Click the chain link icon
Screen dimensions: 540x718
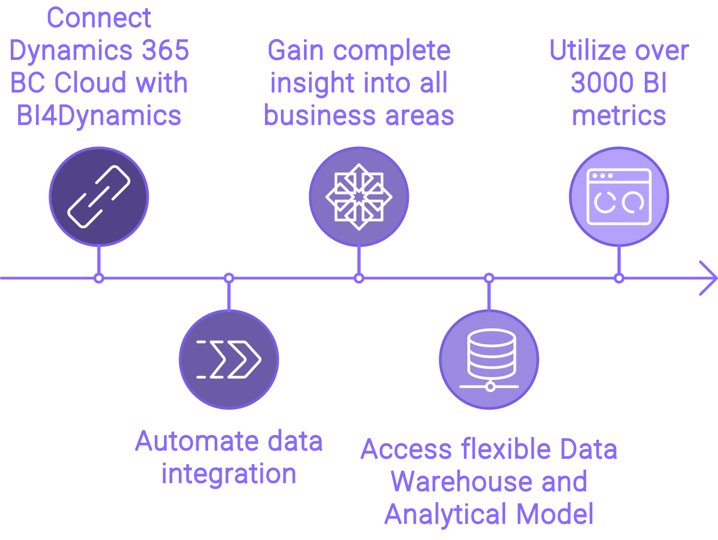pos(99,197)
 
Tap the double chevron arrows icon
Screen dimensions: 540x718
pos(229,359)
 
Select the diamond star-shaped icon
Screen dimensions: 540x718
pos(359,197)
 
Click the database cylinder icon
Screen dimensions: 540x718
pos(490,359)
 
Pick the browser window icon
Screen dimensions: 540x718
pos(619,197)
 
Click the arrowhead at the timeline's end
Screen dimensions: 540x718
pos(709,278)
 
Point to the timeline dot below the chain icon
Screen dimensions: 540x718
pos(99,278)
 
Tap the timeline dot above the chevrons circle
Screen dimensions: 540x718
pos(229,278)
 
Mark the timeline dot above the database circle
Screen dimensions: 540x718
pos(489,278)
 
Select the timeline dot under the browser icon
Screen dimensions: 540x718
pos(619,278)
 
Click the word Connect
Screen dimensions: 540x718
pos(99,18)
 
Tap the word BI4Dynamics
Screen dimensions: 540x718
pos(99,115)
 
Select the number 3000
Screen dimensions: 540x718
pos(601,83)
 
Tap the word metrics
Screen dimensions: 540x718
pos(619,115)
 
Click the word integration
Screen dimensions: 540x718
pos(229,474)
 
